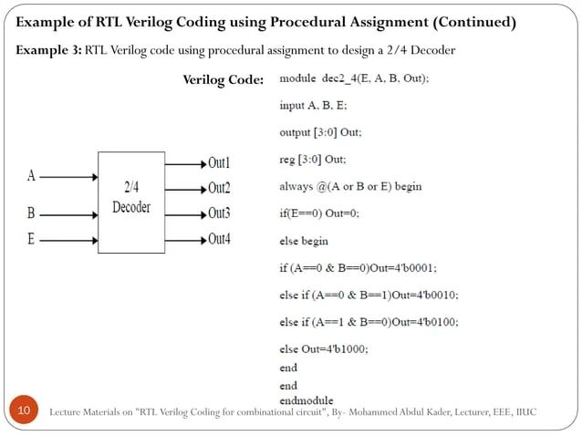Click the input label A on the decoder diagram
pyautogui.click(x=32, y=174)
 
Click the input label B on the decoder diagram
pyautogui.click(x=32, y=214)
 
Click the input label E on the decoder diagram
pyautogui.click(x=32, y=240)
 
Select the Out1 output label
pyautogui.click(x=219, y=163)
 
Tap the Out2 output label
pyautogui.click(x=219, y=189)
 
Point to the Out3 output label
pyautogui.click(x=219, y=214)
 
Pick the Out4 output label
pyautogui.click(x=219, y=240)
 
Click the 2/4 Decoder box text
pyautogui.click(x=131, y=197)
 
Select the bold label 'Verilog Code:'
pyautogui.click(x=223, y=80)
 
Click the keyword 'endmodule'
pyautogui.click(x=306, y=400)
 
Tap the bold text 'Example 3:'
pyautogui.click(x=47, y=48)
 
